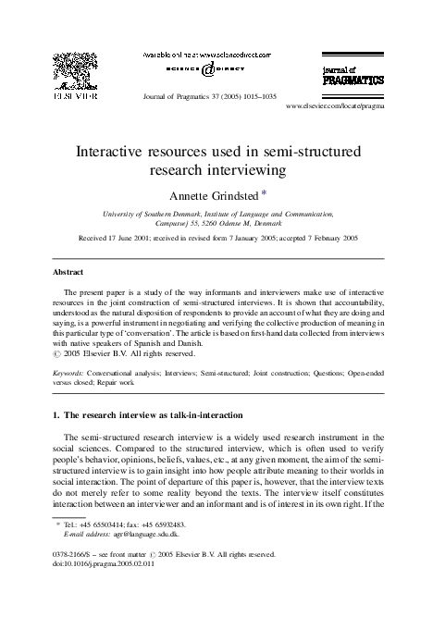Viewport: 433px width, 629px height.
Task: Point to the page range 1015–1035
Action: (247, 96)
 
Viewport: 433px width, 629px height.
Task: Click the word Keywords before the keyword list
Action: (72, 372)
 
